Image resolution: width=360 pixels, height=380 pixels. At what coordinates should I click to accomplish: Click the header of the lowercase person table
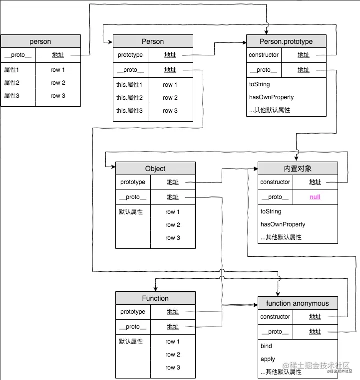point(40,41)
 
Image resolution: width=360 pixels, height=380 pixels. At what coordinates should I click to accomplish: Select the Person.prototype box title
point(286,41)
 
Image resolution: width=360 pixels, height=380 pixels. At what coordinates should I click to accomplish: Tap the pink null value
point(315,197)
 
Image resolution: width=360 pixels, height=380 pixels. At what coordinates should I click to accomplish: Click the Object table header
point(155,169)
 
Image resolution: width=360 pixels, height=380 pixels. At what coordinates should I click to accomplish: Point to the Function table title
point(155,298)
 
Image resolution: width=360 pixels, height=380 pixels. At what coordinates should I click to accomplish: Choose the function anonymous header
point(298,303)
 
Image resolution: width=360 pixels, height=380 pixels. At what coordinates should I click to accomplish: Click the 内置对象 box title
point(298,169)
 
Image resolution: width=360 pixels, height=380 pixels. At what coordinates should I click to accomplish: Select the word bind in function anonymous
point(266,346)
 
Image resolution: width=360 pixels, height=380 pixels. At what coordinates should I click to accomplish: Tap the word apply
point(268,359)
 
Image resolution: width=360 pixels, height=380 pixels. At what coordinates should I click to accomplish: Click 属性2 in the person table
point(11,83)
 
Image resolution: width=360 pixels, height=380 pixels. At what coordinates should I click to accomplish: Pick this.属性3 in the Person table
point(129,111)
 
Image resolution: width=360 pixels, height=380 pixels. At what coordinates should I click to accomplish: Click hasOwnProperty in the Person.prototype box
point(271,97)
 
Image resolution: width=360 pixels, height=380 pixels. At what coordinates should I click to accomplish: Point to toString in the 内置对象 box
point(271,211)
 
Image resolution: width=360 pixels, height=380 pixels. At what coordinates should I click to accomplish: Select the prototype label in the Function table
point(133,312)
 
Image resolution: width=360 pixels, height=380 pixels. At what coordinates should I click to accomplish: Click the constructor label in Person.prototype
point(264,55)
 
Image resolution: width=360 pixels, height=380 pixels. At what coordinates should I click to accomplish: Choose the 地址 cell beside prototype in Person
point(170,55)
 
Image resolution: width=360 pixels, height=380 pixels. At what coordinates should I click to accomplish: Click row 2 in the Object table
point(173,225)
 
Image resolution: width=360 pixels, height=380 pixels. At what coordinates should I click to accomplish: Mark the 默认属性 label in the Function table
point(131,342)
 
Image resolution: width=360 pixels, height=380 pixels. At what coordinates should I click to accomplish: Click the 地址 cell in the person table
point(58,55)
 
